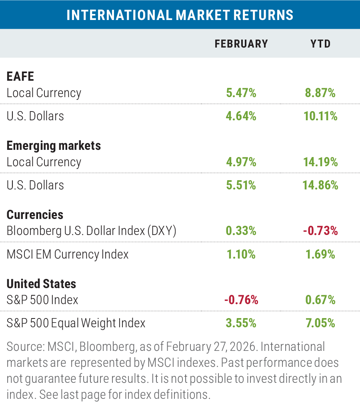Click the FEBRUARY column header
click(241, 44)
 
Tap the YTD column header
click(320, 44)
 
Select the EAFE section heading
click(20, 76)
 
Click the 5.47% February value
click(241, 93)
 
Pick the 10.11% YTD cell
click(320, 116)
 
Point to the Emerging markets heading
click(54, 145)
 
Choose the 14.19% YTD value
click(320, 162)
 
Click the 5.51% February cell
click(241, 185)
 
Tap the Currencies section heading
click(35, 215)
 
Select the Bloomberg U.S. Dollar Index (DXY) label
click(92, 231)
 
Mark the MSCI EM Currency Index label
click(68, 254)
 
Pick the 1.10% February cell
click(241, 254)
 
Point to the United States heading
click(41, 284)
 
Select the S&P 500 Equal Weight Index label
click(76, 323)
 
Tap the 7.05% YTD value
click(320, 323)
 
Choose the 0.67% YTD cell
click(320, 300)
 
